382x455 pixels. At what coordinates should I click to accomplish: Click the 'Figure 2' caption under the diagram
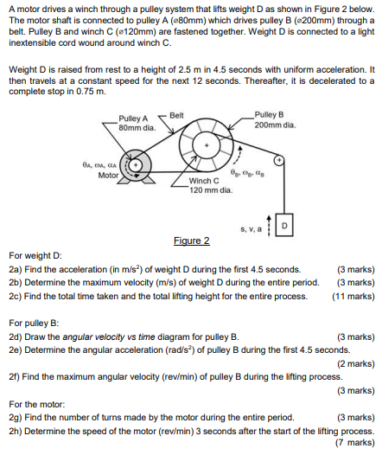pos(192,240)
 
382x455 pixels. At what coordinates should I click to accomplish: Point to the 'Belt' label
pos(176,114)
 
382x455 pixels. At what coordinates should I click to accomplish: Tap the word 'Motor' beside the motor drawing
pos(108,174)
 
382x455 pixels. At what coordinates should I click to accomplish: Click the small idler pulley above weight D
pos(279,161)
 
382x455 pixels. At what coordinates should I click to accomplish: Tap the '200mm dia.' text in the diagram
pos(276,125)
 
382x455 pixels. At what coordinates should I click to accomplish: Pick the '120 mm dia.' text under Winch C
pos(209,190)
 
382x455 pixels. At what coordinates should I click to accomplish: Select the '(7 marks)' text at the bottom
pos(356,442)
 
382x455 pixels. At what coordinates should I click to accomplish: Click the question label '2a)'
pos(15,269)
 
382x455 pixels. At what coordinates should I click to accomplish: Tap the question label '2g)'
pos(15,416)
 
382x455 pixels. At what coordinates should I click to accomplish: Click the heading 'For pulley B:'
pos(33,320)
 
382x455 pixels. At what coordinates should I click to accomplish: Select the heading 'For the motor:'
pos(36,403)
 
